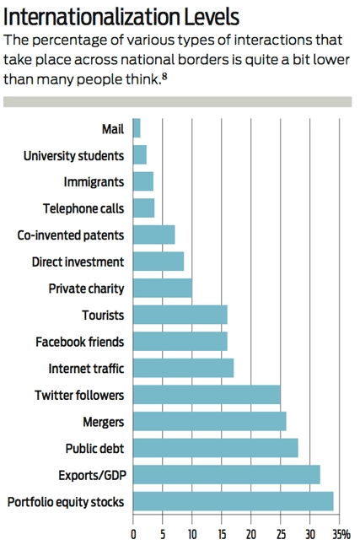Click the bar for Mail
point(137,128)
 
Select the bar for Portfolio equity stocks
point(233,502)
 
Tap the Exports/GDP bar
point(226,475)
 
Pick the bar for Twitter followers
point(207,395)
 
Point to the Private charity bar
point(163,289)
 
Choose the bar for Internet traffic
point(183,369)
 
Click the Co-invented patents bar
point(153,235)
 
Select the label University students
point(73,155)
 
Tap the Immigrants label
point(94,182)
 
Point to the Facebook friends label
point(79,342)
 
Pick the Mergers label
point(103,422)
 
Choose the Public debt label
point(94,448)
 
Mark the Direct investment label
point(78,262)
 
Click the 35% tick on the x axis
point(341,534)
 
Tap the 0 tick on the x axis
point(133,534)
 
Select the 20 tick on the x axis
point(251,534)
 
